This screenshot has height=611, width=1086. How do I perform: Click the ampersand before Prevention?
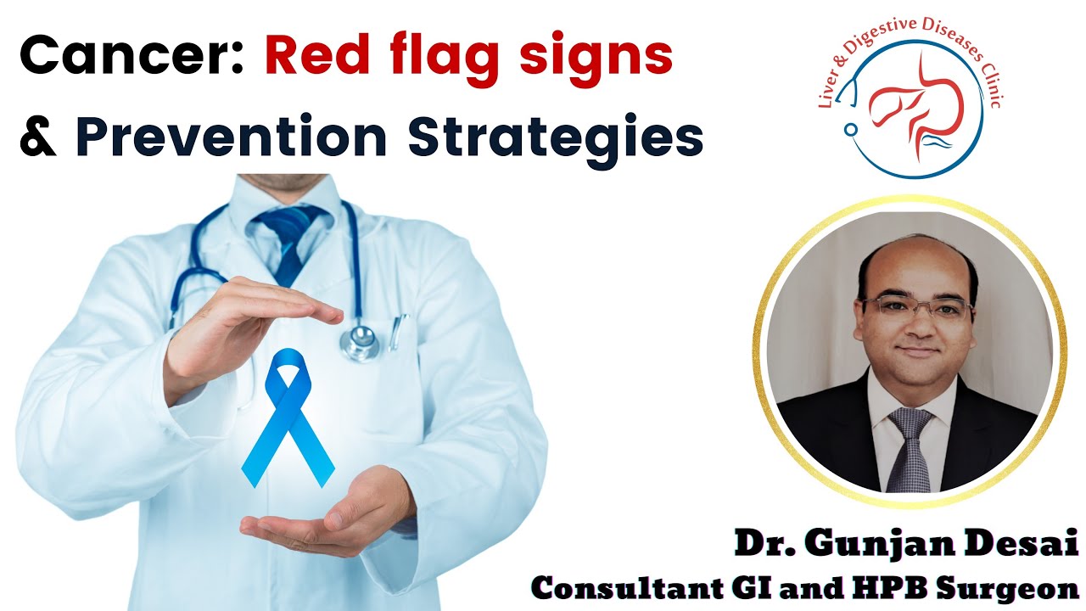point(37,138)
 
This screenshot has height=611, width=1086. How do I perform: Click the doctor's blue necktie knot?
point(286,222)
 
